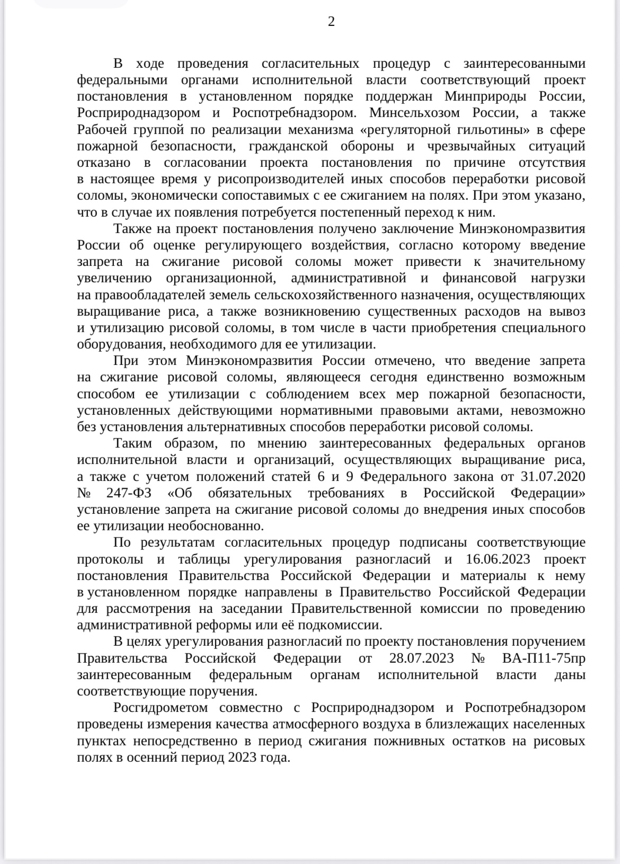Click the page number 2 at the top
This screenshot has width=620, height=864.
(x=331, y=22)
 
